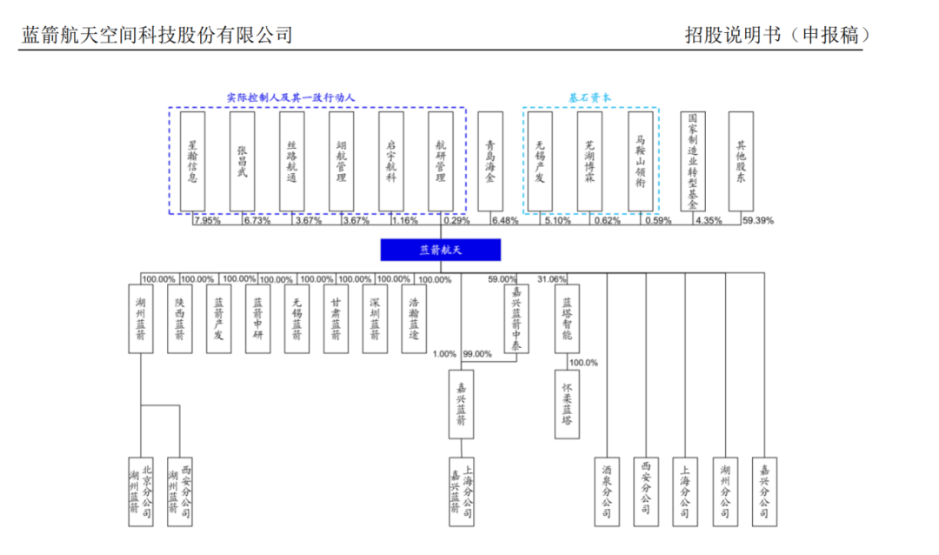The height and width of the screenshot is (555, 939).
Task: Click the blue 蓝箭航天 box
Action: coord(441,250)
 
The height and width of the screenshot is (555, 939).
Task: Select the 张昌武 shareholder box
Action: coord(242,161)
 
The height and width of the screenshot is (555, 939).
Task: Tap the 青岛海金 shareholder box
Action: coord(490,161)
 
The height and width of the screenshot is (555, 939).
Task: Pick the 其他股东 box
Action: coord(741,161)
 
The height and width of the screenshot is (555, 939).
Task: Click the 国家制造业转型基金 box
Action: coord(692,161)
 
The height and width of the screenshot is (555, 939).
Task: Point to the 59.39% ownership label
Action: coord(758,220)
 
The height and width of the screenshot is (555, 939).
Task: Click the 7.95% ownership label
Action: coord(207,220)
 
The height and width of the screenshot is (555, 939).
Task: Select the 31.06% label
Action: coord(552,279)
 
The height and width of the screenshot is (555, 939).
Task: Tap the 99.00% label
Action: coord(477,354)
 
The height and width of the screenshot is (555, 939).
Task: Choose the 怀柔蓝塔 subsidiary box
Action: coord(567,404)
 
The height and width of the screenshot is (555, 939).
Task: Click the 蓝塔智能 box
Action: coord(567,318)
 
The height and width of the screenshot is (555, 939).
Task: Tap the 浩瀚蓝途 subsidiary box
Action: coord(413,318)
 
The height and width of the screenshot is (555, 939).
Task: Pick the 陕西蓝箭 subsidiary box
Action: coord(180,318)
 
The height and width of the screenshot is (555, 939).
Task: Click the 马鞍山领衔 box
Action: coord(641,161)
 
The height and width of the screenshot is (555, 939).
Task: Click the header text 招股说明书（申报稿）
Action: coord(778,35)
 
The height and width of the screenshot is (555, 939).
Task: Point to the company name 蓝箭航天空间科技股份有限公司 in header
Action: coord(156,35)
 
